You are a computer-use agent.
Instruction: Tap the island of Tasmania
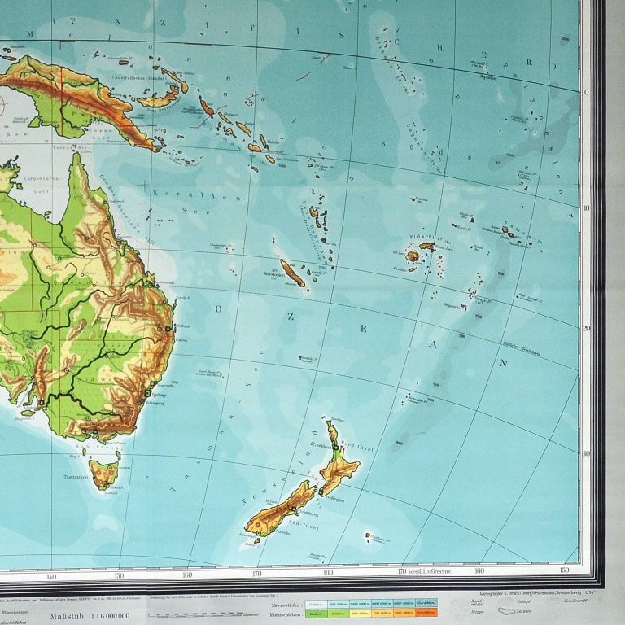click(104, 471)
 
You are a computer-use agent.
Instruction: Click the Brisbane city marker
click(168, 329)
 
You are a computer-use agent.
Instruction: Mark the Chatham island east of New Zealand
click(369, 537)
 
